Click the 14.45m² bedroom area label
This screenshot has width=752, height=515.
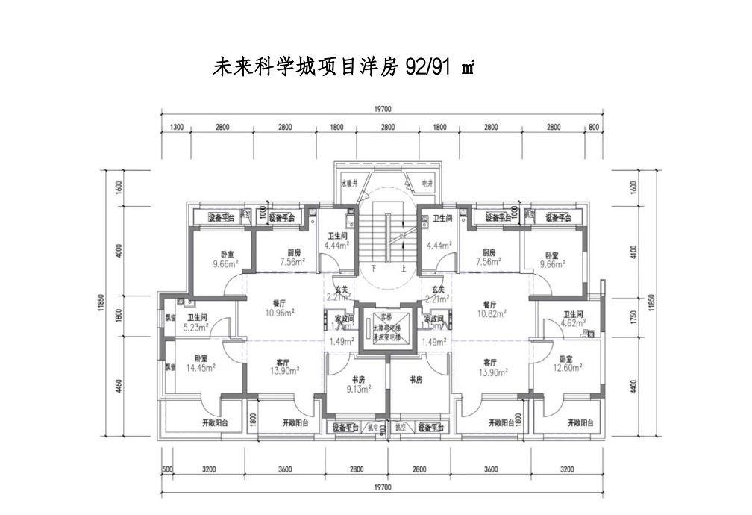coord(200,367)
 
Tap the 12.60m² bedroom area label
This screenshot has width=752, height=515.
coord(568,366)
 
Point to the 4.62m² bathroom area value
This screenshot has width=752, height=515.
coord(572,325)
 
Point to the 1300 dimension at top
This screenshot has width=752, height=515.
coord(176,128)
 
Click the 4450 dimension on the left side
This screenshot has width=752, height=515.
coord(119,390)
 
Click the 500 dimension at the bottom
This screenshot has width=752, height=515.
coord(167,469)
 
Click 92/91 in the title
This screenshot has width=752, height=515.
coord(429,66)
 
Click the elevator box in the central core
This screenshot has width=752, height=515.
coord(386,328)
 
